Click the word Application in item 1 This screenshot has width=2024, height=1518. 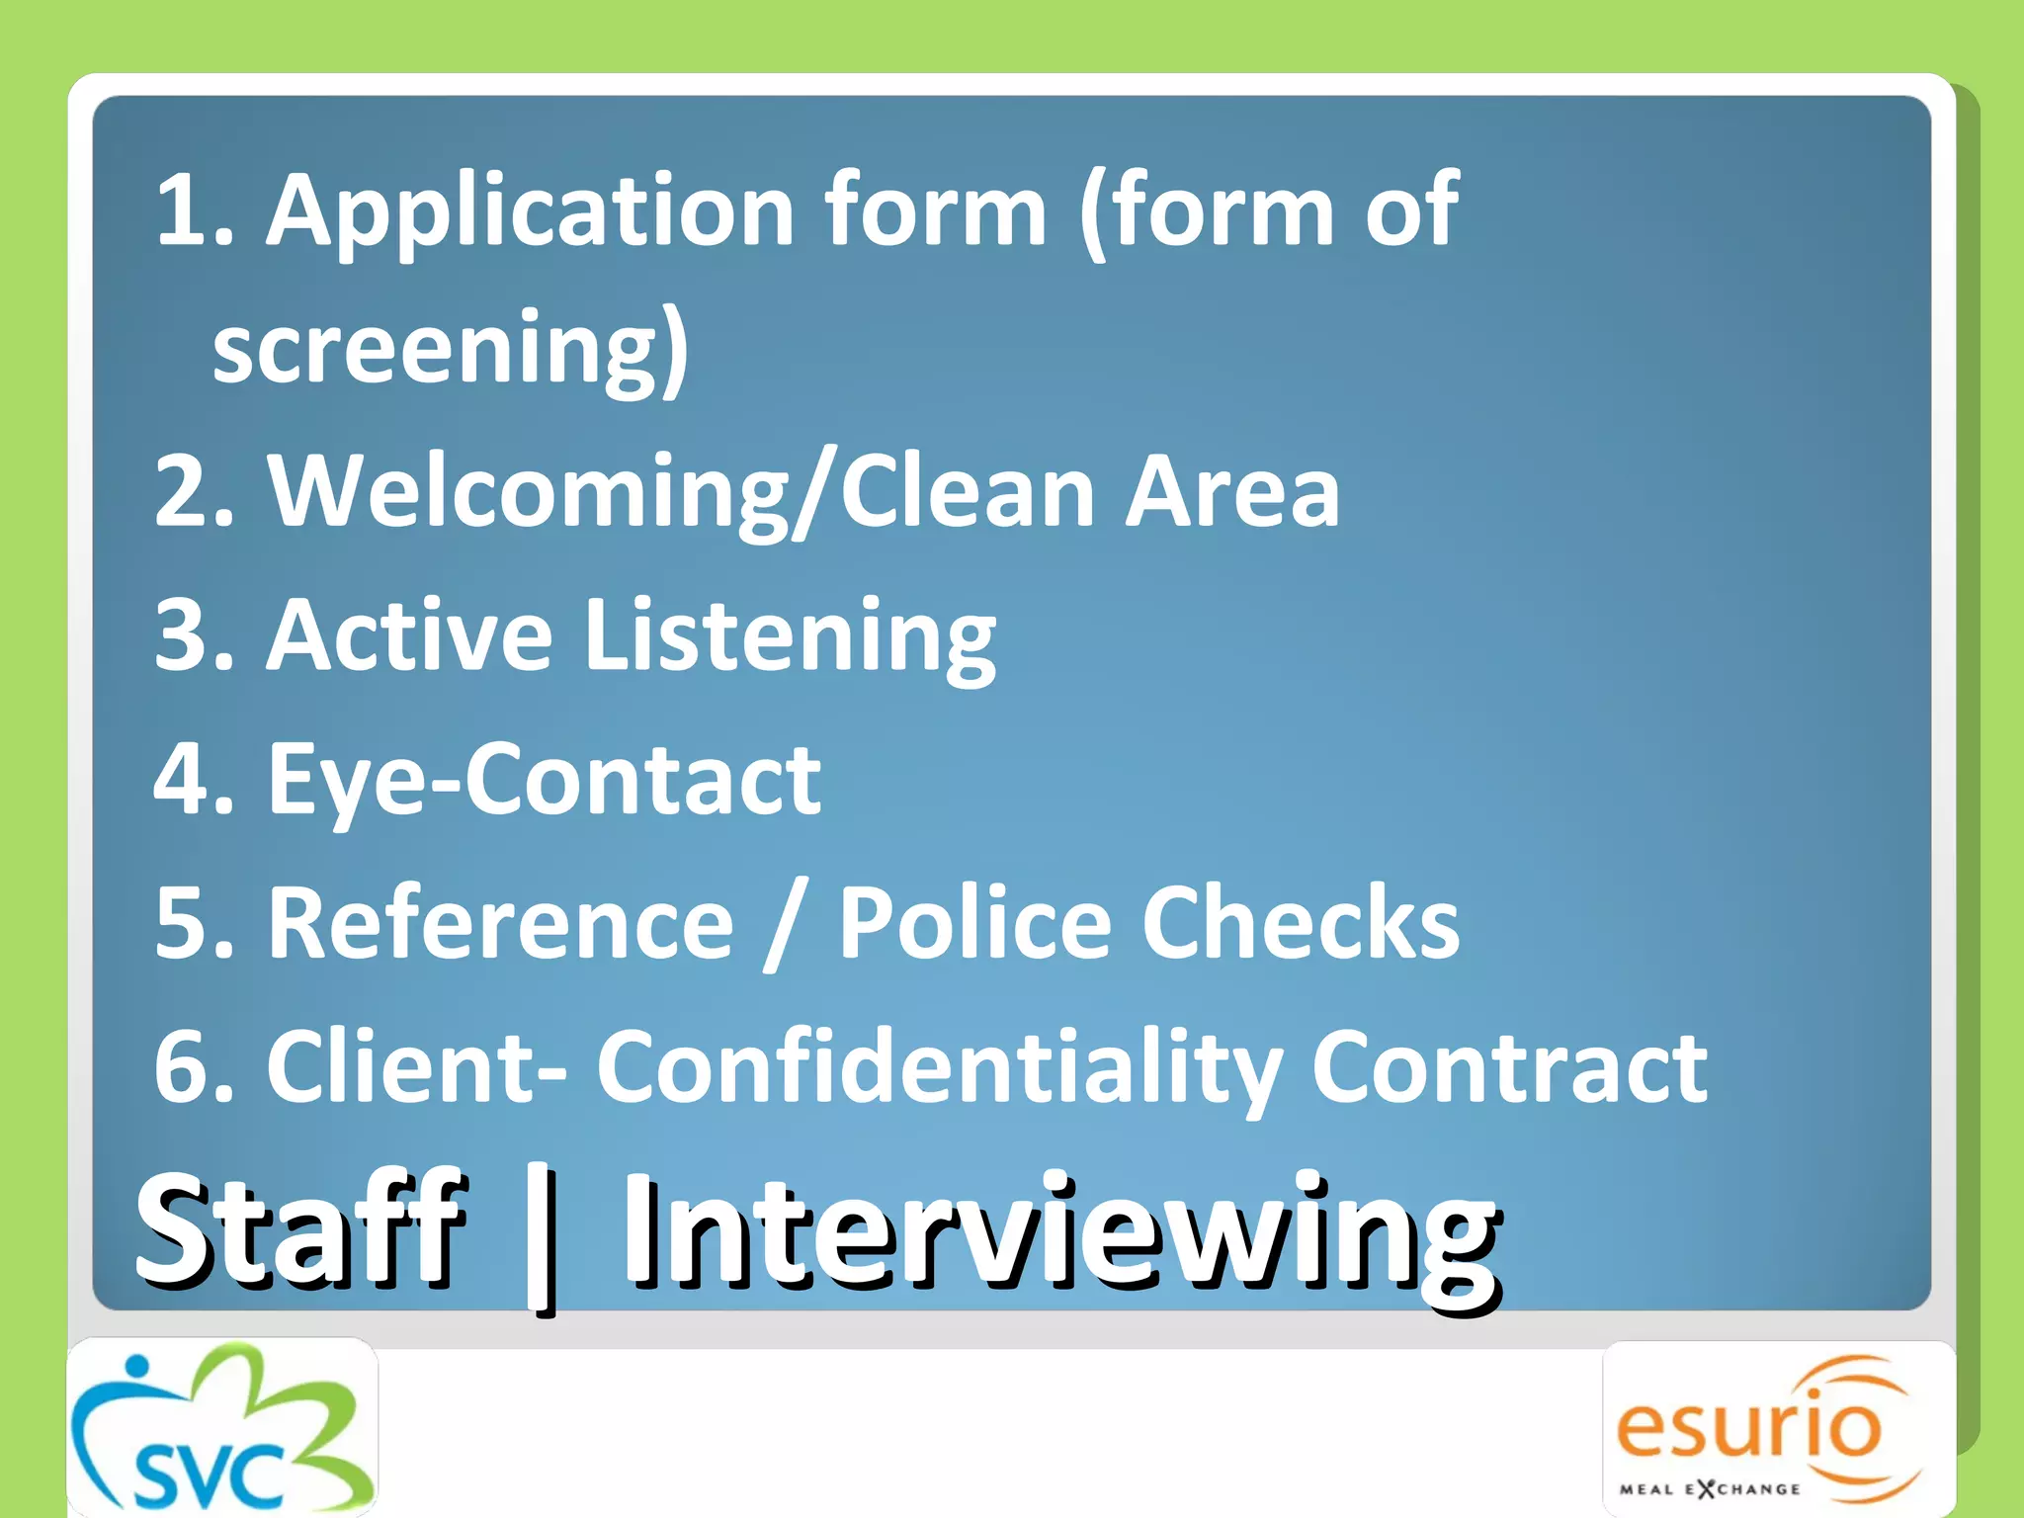[530, 210]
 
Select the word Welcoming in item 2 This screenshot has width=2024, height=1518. [529, 491]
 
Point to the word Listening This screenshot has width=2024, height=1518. [791, 635]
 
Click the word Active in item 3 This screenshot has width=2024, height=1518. [409, 635]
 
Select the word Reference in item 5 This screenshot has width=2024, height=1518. [500, 923]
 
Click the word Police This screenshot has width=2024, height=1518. [974, 923]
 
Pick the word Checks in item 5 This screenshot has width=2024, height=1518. [1300, 923]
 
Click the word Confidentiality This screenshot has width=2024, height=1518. [938, 1067]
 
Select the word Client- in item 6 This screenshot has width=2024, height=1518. [416, 1067]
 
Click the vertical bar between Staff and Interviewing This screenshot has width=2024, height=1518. [541, 1240]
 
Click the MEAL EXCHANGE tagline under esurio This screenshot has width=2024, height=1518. [1709, 1488]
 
